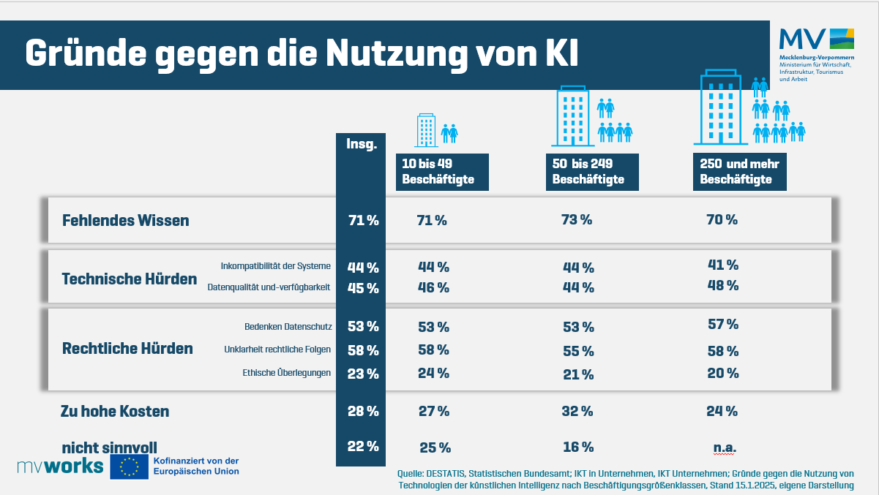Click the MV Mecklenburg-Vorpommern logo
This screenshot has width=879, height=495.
817,55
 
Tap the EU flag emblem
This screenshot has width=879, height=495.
129,466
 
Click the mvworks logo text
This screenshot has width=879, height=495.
61,466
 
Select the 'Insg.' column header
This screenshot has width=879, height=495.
362,144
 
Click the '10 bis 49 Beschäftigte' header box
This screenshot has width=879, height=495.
442,172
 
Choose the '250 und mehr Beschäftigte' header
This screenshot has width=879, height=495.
740,172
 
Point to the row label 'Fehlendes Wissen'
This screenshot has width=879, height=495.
126,220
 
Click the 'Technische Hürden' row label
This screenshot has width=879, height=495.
130,279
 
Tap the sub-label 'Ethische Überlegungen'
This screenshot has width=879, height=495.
286,373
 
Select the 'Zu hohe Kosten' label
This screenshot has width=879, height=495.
115,411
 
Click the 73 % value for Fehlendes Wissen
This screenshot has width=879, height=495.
577,219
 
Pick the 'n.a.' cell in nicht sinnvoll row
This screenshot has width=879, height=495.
725,447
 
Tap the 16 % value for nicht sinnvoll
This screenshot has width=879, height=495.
578,447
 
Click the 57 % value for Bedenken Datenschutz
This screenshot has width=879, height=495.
723,324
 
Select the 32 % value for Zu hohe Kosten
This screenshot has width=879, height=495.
577,411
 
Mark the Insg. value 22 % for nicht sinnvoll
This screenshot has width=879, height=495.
363,446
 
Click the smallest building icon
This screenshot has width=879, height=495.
426,130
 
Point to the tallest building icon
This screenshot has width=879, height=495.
721,107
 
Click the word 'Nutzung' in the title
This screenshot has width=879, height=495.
397,54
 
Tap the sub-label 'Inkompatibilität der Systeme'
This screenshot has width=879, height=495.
275,266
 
